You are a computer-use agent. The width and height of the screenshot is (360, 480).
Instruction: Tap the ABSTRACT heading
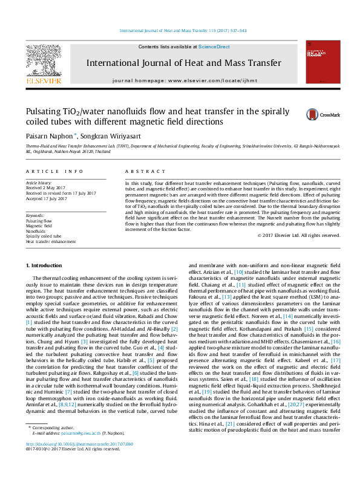point(140,172)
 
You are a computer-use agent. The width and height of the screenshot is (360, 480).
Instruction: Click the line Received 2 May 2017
point(44,187)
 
